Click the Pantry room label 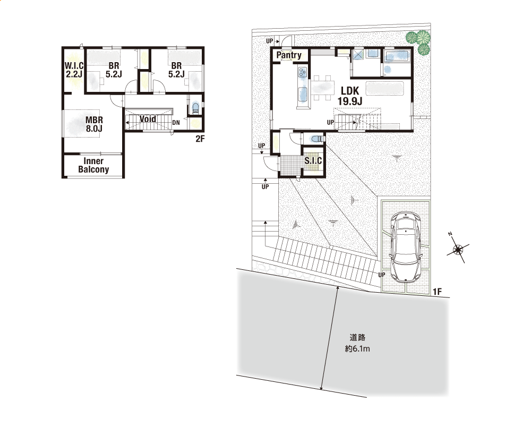(x=289, y=55)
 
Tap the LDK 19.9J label (x=350, y=96)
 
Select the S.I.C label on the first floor (x=313, y=160)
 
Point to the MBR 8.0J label (x=94, y=124)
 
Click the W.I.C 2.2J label (x=74, y=70)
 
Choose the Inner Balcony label (x=93, y=165)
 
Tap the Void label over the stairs (x=148, y=119)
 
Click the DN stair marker (x=176, y=123)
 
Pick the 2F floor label (x=200, y=139)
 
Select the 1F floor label (x=437, y=292)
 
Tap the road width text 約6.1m (x=357, y=348)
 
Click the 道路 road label (x=357, y=337)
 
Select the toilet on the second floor (x=195, y=108)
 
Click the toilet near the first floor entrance (x=315, y=139)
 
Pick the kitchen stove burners (x=302, y=72)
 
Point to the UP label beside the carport (x=382, y=275)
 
